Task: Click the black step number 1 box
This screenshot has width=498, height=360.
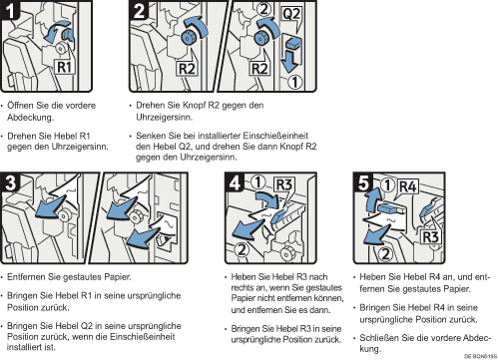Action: point(10,10)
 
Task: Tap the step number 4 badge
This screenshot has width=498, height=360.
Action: point(235,182)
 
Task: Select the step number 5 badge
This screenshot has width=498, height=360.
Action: point(363,182)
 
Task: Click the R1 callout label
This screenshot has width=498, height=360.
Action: point(64,67)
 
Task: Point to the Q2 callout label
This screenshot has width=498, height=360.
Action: point(291,14)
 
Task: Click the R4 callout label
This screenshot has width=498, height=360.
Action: point(408,186)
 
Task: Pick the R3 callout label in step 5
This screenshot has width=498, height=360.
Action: point(431,237)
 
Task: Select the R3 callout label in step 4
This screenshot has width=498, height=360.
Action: point(284,184)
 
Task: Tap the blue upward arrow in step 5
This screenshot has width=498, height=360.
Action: point(371,198)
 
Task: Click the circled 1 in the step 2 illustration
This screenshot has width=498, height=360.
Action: point(294,82)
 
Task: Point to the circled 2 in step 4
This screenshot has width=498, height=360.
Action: point(242,249)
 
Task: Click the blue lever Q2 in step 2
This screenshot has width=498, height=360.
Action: point(293,44)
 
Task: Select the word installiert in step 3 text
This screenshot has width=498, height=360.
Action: point(26,347)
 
